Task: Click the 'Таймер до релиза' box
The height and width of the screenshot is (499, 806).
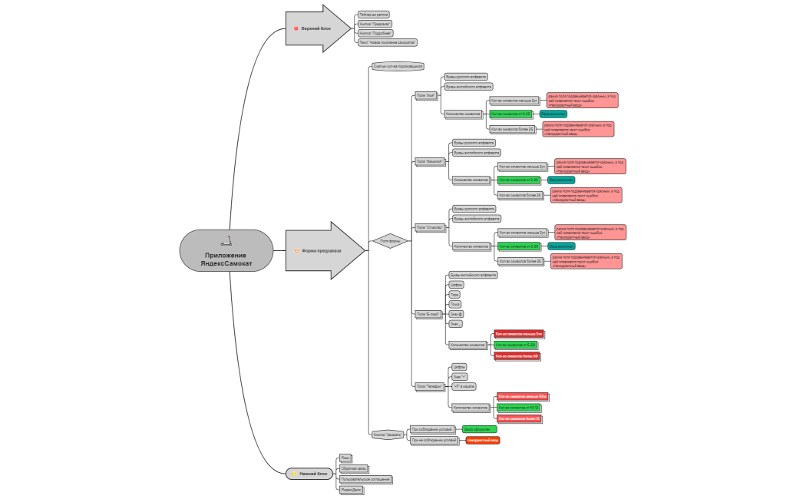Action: coord(374,14)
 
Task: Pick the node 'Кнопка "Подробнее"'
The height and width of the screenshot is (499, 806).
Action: coord(376,33)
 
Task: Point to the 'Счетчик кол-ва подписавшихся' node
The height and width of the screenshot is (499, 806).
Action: coord(398,67)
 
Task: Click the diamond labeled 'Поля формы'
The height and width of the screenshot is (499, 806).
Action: coord(391,241)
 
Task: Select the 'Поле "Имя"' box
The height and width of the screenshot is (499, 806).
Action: coord(424,96)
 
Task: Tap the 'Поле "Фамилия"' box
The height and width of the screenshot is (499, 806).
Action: coord(430,161)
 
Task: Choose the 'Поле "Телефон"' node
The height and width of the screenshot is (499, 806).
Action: coord(429,386)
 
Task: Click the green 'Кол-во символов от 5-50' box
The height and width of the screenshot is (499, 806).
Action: coord(515,345)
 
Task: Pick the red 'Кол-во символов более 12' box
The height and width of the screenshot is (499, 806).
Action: coord(519,418)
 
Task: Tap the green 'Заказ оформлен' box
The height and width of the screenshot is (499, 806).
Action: coord(479,429)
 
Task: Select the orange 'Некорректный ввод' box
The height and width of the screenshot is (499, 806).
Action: coord(483,441)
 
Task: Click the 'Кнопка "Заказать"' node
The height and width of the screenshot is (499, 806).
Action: coord(388,435)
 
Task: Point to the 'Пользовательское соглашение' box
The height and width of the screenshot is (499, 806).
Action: coord(365,479)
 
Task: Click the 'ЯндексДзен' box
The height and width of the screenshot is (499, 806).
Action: coord(352,489)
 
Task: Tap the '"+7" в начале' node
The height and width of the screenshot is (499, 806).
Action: coord(463,387)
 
